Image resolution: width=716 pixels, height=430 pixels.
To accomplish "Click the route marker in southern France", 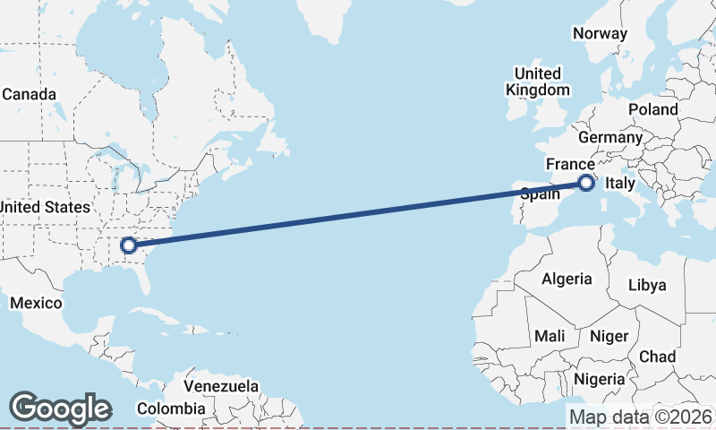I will click(586, 183).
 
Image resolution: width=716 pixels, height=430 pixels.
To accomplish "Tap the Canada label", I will click(30, 94).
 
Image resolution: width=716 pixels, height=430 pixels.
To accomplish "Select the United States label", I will click(45, 207).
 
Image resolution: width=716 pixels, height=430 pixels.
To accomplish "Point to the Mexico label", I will click(36, 303).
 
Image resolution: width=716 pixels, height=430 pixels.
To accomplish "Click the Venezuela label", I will click(221, 386).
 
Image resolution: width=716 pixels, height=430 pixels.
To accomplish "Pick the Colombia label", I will click(171, 408).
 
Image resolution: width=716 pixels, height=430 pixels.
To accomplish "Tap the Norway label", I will click(600, 33).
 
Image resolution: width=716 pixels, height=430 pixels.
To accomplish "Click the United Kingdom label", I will click(537, 82).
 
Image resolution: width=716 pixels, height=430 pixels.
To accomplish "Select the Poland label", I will click(653, 108).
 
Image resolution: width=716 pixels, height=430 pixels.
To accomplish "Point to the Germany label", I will click(610, 138).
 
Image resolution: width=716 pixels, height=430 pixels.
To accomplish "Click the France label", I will click(570, 164).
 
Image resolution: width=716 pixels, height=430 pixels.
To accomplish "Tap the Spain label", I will click(541, 193).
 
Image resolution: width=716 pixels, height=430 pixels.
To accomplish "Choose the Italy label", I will click(620, 184).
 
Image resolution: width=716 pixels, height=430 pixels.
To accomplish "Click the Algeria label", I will click(567, 279).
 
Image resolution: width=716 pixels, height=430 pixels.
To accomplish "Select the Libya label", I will click(648, 285).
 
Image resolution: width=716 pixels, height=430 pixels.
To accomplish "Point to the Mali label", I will click(549, 336).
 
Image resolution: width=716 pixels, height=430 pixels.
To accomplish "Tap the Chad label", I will click(658, 356).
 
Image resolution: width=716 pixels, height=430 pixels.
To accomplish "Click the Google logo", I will click(60, 408).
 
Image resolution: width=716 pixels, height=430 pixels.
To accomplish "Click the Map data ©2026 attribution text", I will click(641, 417).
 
